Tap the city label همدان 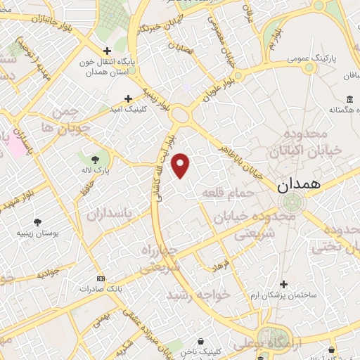pos(298,186)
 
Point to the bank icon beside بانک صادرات pos(101,278)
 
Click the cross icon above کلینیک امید pos(128,99)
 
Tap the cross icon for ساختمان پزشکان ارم pos(283,284)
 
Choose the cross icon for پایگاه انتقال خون pos(107,51)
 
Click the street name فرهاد pos(220,266)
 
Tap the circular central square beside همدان pos(290,204)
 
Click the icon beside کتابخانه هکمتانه pos(349,98)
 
